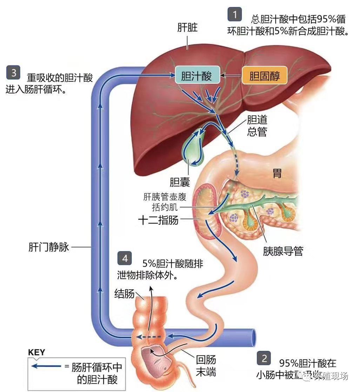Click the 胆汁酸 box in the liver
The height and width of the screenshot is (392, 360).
(196, 76)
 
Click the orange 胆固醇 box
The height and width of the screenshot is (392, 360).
(265, 76)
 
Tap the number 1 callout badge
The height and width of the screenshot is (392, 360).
(235, 15)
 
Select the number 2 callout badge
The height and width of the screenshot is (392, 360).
(264, 358)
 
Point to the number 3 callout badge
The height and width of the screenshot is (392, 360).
(14, 73)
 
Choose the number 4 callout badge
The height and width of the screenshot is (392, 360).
(125, 258)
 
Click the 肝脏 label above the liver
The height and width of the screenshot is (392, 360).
(187, 28)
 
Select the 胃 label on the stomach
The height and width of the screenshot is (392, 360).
(277, 173)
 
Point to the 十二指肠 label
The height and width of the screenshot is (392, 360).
(158, 220)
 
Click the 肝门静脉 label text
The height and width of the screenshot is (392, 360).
(49, 247)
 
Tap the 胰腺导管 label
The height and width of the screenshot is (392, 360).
(283, 251)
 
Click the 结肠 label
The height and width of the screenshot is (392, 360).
(125, 294)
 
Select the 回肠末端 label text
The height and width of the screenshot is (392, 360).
(206, 366)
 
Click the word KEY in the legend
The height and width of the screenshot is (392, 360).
(36, 352)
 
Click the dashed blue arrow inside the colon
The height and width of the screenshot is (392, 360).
(149, 337)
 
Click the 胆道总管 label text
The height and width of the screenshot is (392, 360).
(257, 126)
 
